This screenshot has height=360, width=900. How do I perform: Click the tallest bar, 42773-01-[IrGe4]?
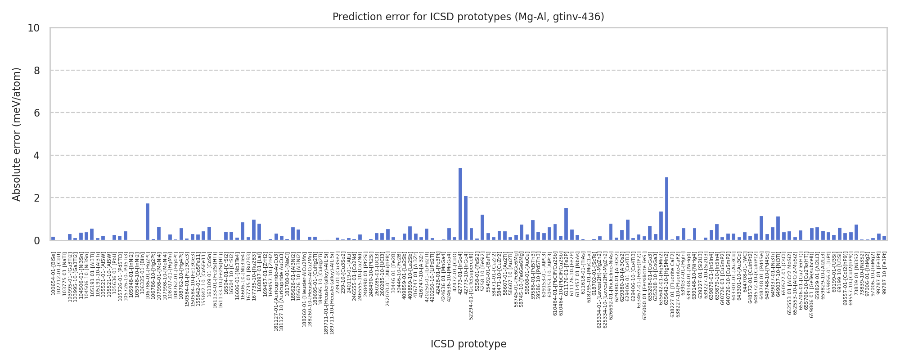pyautogui.click(x=460, y=204)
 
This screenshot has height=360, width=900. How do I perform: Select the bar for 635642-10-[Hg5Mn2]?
pyautogui.click(x=666, y=209)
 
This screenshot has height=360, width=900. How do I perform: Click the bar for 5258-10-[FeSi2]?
pyautogui.click(x=482, y=228)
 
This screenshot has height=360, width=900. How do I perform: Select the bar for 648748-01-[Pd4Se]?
pyautogui.click(x=761, y=228)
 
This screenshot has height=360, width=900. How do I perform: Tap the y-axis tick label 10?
pyautogui.click(x=33, y=28)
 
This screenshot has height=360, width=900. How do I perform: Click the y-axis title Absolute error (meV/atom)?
pyautogui.click(x=17, y=134)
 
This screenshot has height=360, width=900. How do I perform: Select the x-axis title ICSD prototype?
pyautogui.click(x=468, y=344)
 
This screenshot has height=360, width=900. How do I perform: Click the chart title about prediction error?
pyautogui.click(x=468, y=17)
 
